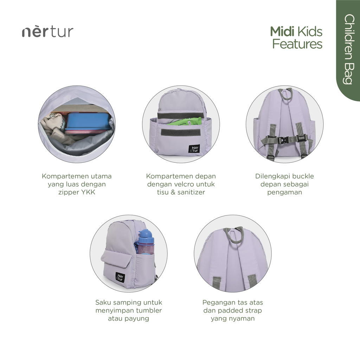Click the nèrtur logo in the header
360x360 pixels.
[x=47, y=32]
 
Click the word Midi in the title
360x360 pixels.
[x=282, y=31]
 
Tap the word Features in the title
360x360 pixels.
[x=297, y=44]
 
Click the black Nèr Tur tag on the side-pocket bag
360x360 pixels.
[x=120, y=277]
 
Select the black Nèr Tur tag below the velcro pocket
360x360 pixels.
[x=194, y=149]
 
